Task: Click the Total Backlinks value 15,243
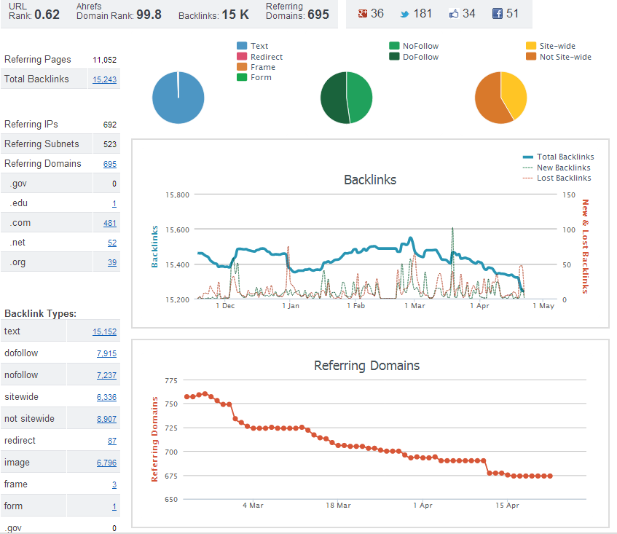(x=104, y=79)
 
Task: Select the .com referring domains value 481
(x=110, y=223)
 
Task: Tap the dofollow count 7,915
(x=106, y=353)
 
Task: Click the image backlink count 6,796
(x=106, y=463)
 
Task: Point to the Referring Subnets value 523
(x=110, y=144)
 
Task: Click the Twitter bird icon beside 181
(x=404, y=14)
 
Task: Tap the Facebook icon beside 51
(x=498, y=14)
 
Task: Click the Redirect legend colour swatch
(x=242, y=57)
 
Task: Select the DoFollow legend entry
(x=414, y=57)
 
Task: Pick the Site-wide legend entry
(x=551, y=46)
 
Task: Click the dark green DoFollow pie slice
(x=334, y=98)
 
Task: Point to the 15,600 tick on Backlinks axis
(x=178, y=229)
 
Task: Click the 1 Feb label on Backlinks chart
(x=356, y=306)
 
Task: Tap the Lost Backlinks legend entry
(x=557, y=178)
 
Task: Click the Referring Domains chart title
(x=366, y=366)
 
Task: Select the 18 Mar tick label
(x=338, y=506)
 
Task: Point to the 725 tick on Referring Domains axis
(x=171, y=428)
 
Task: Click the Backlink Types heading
(x=41, y=314)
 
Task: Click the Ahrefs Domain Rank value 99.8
(x=149, y=15)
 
